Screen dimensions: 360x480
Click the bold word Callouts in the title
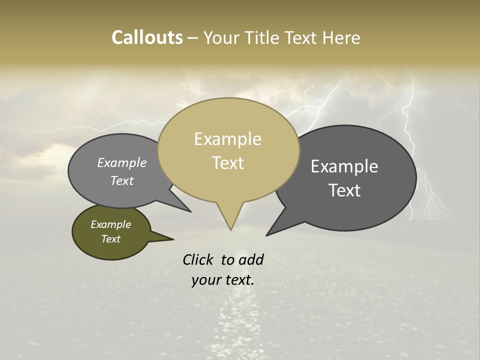[147, 37]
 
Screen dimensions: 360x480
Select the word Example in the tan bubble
[227, 139]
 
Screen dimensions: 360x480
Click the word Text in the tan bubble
[227, 163]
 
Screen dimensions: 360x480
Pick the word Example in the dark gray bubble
[344, 166]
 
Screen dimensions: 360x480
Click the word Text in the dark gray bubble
[344, 190]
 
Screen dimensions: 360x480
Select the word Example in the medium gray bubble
[122, 162]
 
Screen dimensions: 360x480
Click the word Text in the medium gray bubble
[122, 180]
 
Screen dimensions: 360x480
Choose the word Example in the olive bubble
[110, 224]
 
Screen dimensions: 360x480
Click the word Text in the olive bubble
[110, 239]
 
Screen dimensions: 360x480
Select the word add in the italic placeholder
[250, 259]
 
